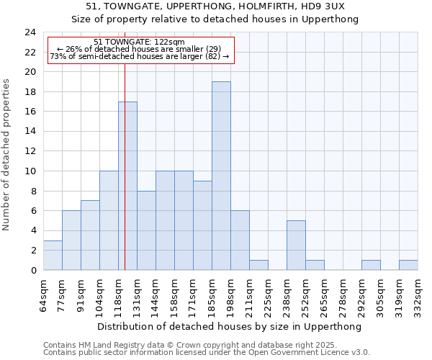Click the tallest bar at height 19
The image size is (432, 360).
click(221, 176)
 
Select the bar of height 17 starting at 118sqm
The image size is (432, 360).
click(127, 186)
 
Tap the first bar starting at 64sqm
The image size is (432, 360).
click(53, 255)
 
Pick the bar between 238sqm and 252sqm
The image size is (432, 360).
click(296, 245)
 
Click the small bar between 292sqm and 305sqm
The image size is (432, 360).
click(371, 265)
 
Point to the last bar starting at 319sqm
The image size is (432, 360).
click(408, 265)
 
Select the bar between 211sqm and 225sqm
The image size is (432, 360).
click(258, 265)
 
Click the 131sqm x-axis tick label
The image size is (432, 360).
click(138, 293)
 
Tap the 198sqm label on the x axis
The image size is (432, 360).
click(231, 293)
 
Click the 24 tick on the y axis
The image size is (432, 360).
click(30, 32)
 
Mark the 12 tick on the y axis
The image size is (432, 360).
click(30, 151)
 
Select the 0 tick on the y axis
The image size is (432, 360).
click(32, 270)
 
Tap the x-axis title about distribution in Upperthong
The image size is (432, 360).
click(230, 326)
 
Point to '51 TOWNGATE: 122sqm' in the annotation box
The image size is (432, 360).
click(140, 42)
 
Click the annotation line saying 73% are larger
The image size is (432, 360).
click(140, 56)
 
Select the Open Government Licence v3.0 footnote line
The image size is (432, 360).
click(207, 353)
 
